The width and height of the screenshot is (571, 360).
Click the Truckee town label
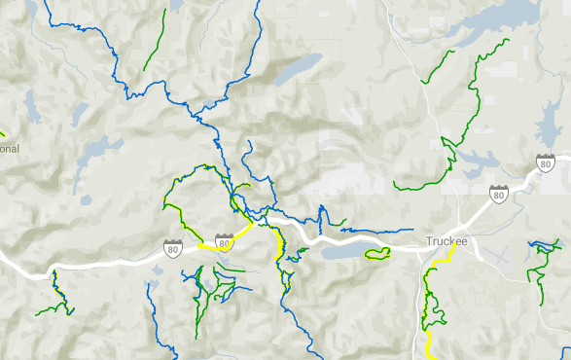click(x=447, y=241)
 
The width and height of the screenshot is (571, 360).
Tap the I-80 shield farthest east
click(x=545, y=162)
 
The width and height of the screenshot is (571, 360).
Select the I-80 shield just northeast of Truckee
click(x=499, y=195)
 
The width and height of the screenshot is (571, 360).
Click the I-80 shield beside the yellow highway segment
click(x=225, y=239)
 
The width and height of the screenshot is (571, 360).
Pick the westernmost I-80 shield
click(x=173, y=248)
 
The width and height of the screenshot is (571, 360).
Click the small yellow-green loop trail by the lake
click(x=377, y=254)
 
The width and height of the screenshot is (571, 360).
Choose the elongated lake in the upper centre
click(x=297, y=69)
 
